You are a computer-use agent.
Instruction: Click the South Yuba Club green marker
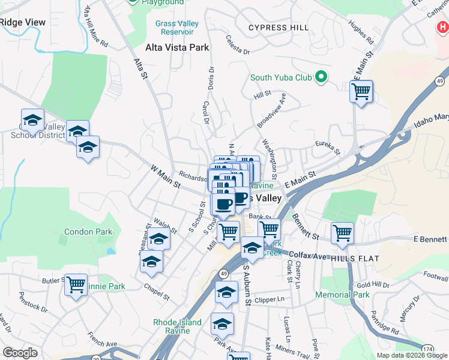321,77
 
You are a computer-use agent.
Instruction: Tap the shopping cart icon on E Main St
361,92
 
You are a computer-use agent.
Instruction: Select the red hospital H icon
443,27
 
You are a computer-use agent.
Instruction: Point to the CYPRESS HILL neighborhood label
279,28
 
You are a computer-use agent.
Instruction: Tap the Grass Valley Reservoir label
177,28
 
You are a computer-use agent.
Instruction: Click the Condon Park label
88,232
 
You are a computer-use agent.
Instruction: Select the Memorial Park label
342,295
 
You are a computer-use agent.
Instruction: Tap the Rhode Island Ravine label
177,326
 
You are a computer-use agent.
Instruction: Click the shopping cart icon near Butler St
76,284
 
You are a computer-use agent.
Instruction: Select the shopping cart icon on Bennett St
342,233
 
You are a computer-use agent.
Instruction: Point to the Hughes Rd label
361,34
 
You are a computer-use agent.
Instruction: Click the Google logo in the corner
20,353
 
